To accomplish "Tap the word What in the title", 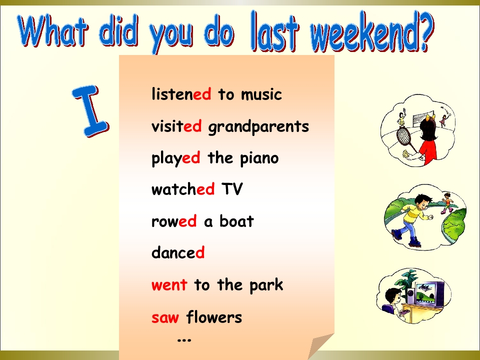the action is (53, 30).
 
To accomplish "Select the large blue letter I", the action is (91, 111).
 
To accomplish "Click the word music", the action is (261, 94).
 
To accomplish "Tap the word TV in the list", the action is (231, 189).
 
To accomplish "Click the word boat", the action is (236, 220).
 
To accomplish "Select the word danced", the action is (178, 252).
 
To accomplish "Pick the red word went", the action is (169, 285).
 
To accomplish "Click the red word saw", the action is (165, 317).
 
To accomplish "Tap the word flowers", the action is (214, 316).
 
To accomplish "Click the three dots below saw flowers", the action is (184, 339).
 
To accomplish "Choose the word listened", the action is (181, 94).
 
